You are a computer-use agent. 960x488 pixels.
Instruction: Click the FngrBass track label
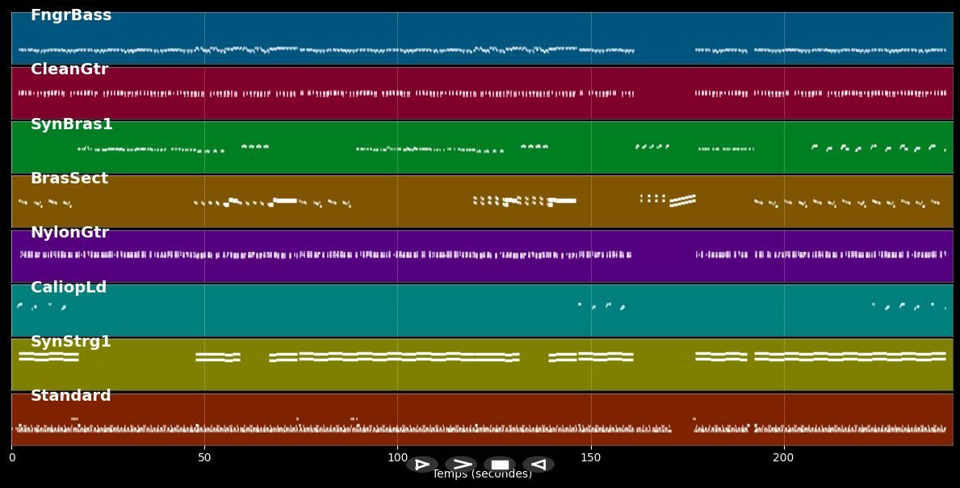[71, 15]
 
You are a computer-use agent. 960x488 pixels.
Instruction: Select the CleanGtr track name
[69, 69]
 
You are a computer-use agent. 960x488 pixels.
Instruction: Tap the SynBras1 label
[72, 124]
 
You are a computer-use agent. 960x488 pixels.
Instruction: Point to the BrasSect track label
[69, 179]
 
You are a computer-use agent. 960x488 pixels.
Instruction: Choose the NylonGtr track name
[69, 233]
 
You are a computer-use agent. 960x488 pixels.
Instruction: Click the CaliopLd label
[69, 288]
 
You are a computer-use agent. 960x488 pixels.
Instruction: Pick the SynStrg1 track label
[71, 342]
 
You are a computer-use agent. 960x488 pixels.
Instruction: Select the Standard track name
[71, 396]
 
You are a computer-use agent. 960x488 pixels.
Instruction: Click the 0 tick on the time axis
[11, 458]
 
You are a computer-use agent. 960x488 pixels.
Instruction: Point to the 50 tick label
[204, 458]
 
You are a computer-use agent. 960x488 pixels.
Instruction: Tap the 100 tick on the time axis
[397, 458]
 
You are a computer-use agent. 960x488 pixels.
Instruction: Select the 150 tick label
[591, 458]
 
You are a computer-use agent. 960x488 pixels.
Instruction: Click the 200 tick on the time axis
[783, 458]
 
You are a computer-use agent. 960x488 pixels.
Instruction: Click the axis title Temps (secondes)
[482, 474]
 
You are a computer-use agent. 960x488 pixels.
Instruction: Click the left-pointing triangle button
[539, 465]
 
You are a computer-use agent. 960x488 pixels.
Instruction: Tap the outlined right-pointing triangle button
[421, 465]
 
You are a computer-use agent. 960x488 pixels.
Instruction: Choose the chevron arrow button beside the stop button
[461, 465]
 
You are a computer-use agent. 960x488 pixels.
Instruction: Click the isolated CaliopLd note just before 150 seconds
[580, 304]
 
